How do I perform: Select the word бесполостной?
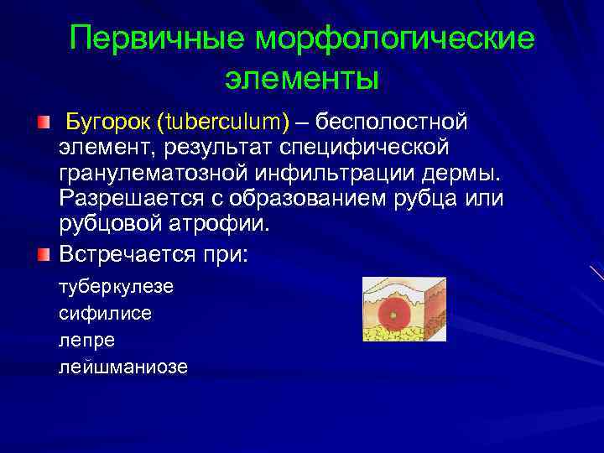click(392, 122)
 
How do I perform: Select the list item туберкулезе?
click(116, 287)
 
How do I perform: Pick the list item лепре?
click(86, 341)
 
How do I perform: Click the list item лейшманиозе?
click(123, 367)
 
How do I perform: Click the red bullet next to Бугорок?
click(44, 123)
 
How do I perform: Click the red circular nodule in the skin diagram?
click(391, 315)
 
